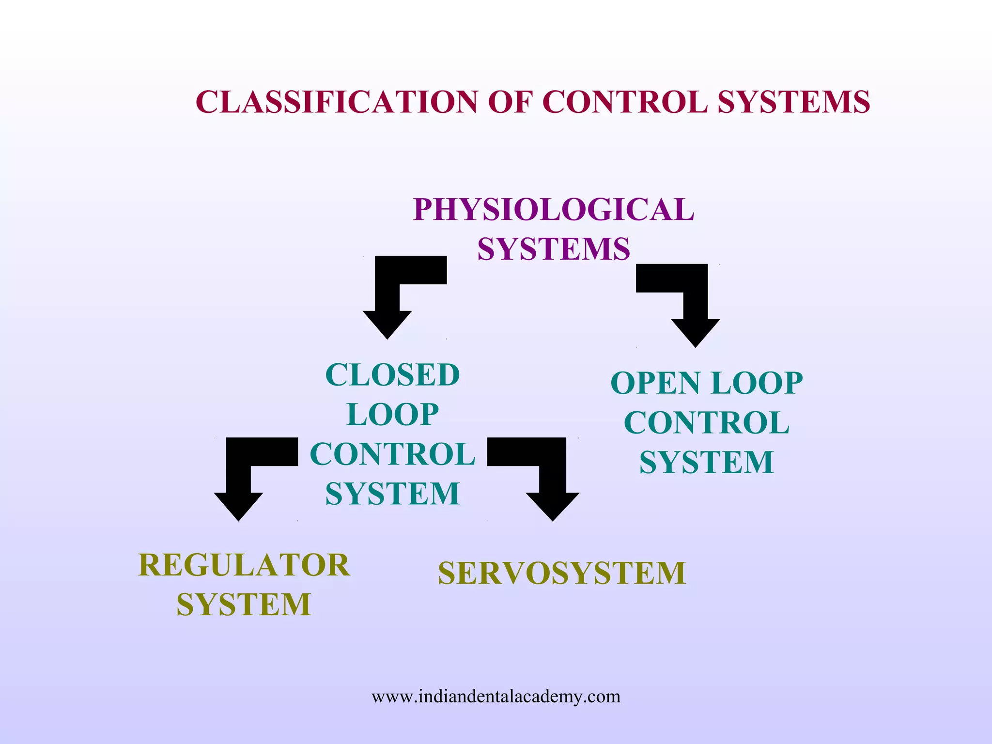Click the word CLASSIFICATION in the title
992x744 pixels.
click(337, 102)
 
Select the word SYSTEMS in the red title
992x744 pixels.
click(793, 102)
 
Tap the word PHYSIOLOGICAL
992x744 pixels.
click(554, 210)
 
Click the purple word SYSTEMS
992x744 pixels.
click(554, 249)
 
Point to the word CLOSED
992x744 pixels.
click(392, 375)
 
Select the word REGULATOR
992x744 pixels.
click(244, 565)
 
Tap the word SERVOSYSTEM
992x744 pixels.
click(562, 573)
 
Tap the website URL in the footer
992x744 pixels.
click(496, 697)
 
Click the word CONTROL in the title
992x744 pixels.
click(625, 102)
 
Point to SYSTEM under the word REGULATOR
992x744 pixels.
click(244, 605)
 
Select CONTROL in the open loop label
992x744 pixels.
click(707, 423)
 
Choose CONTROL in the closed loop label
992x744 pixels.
click(392, 454)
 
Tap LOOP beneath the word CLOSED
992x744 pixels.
click(392, 415)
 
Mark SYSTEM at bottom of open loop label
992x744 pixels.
click(707, 463)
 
